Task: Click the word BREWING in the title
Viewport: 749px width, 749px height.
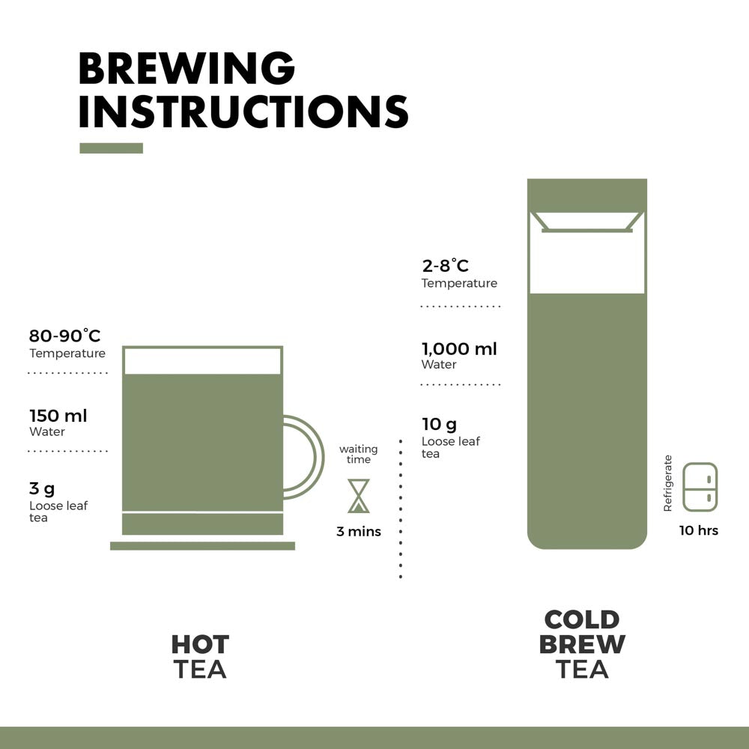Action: (x=187, y=69)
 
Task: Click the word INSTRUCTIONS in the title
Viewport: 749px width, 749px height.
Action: (x=243, y=112)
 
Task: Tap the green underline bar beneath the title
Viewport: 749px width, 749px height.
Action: (x=111, y=148)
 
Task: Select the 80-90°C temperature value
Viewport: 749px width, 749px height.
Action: (x=64, y=336)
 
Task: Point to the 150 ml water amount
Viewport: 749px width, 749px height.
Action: (x=58, y=416)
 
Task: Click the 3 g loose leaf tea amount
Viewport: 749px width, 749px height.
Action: (x=42, y=489)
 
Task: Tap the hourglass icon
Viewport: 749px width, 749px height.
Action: (x=359, y=496)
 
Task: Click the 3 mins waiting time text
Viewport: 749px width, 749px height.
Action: (x=358, y=532)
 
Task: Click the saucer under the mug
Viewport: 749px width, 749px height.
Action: (x=202, y=546)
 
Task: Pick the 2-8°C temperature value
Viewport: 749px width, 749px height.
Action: (x=445, y=266)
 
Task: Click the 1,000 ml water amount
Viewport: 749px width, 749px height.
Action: (x=458, y=348)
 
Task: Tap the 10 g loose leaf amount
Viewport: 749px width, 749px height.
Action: (x=439, y=425)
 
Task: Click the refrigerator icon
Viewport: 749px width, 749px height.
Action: (x=700, y=487)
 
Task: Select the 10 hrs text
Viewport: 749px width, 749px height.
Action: (x=698, y=530)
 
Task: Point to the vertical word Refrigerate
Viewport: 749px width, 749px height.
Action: (x=668, y=483)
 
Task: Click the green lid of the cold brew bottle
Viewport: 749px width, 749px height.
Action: (x=586, y=195)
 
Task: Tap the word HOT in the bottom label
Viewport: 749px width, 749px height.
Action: (x=200, y=644)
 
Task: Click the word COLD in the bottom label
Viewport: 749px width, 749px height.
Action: (x=582, y=620)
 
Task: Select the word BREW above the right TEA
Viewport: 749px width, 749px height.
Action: (x=582, y=644)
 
